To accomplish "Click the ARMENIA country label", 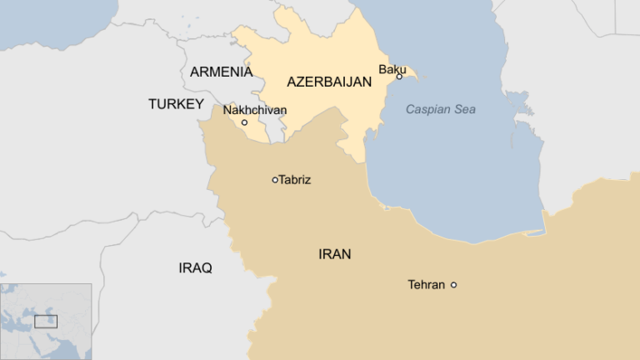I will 221,72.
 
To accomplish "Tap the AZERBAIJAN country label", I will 329,82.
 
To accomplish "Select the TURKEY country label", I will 176,104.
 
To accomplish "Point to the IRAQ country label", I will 195,267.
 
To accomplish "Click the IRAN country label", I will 334,254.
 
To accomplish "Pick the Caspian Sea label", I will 441,109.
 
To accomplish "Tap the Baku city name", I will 392,69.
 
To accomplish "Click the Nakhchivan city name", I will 254,109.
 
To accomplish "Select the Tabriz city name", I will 295,179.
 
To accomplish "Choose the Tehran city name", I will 426,285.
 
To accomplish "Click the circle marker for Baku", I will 399,77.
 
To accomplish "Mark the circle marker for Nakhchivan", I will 244,122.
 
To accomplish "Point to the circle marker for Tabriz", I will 275,179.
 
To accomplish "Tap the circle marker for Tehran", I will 453,285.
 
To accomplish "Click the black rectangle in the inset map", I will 46,322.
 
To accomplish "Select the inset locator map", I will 46,322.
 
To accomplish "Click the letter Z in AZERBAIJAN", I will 301,82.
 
